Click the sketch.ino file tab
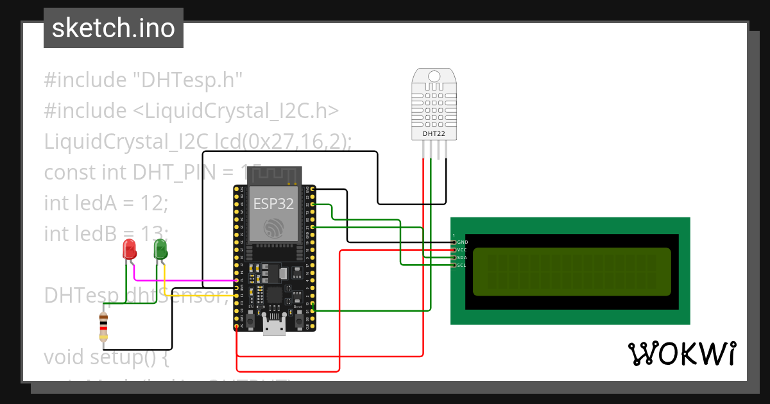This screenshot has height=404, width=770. coord(114,28)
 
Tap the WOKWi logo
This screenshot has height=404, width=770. coord(681,354)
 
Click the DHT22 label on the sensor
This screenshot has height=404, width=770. coord(434,134)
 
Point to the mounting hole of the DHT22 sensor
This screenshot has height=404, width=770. coord(434,76)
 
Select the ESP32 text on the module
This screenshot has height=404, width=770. coord(273,204)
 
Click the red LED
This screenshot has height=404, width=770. coord(129,249)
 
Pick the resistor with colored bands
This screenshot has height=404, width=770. coord(103,326)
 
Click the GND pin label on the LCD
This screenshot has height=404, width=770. coord(462,242)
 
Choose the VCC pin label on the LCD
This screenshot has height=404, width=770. coord(462,249)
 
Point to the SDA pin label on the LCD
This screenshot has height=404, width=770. coord(462,257)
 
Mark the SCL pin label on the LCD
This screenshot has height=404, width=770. coord(462,265)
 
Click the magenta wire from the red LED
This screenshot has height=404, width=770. coord(186,280)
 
